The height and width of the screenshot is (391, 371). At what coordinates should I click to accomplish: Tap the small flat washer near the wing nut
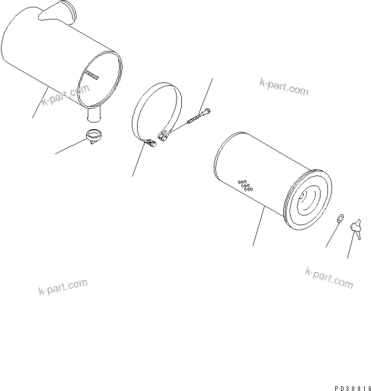339,218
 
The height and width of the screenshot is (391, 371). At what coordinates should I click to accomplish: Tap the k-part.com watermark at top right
284,86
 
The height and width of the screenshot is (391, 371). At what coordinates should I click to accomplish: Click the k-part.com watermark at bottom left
63,287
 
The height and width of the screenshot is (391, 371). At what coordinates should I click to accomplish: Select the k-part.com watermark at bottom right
329,277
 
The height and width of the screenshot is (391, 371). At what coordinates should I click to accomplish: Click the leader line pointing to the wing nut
351,248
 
